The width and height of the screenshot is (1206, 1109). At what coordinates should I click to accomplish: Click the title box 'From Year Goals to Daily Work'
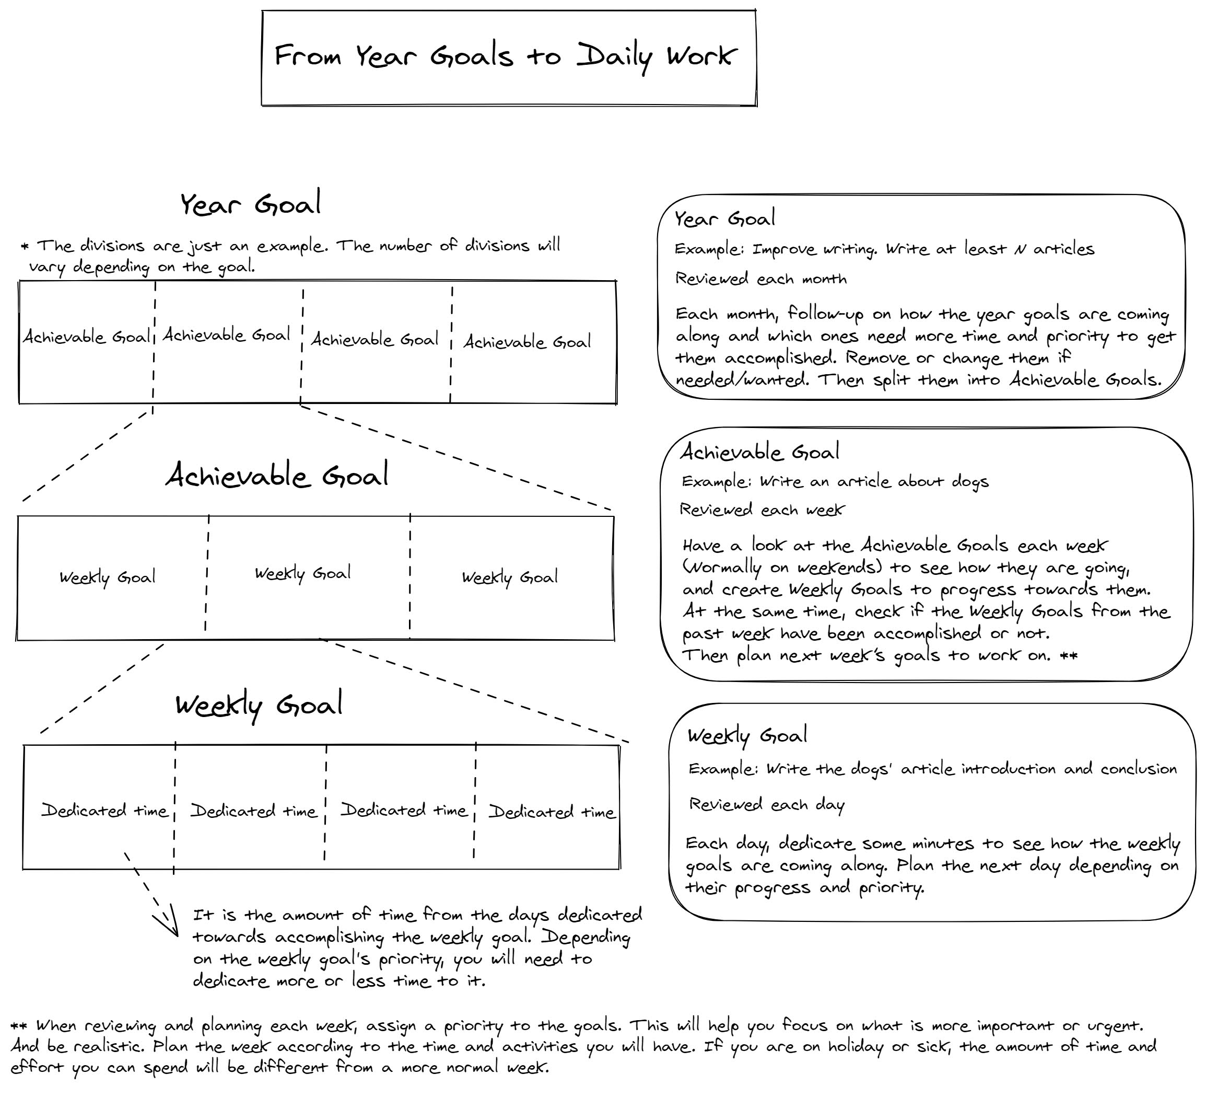click(508, 57)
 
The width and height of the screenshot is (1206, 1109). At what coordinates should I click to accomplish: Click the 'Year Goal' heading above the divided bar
click(251, 204)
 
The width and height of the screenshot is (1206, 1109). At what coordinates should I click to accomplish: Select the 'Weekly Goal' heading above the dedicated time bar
click(259, 704)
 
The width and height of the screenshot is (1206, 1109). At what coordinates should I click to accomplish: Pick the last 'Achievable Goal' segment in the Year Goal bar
click(527, 342)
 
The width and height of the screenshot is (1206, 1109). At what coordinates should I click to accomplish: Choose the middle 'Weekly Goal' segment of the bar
click(303, 574)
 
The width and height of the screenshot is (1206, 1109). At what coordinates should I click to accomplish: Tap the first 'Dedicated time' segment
click(104, 811)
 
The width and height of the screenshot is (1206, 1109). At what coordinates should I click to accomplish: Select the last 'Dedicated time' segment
click(551, 812)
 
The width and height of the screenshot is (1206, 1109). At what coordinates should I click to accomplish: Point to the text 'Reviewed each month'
click(761, 279)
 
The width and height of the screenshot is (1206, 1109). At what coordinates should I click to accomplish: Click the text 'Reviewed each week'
click(762, 510)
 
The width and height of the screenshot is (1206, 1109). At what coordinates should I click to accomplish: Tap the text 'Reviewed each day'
click(766, 805)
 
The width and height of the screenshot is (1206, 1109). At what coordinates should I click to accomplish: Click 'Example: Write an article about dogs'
click(835, 482)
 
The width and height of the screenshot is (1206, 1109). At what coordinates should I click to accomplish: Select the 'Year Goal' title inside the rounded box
click(724, 219)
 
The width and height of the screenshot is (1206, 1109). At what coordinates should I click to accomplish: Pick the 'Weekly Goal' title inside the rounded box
click(746, 736)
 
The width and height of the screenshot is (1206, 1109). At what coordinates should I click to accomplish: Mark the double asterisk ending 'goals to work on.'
click(1069, 655)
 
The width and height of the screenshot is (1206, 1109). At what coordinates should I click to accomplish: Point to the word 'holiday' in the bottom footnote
click(856, 1046)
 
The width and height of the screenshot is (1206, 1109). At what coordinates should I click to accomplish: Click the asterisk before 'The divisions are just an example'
click(25, 246)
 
